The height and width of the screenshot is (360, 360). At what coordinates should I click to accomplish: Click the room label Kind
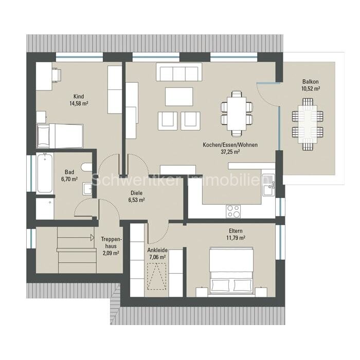79,97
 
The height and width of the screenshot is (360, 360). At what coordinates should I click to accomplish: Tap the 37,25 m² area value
230,152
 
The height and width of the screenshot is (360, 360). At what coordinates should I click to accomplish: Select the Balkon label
311,81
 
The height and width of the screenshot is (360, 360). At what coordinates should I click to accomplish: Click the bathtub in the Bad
45,173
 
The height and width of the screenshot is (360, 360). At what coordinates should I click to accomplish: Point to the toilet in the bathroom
87,167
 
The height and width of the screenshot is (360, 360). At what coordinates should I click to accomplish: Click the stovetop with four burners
233,211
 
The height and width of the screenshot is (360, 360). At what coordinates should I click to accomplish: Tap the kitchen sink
269,185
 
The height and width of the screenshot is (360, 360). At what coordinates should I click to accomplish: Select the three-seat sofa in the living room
179,72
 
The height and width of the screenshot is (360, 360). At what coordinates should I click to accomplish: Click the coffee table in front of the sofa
179,97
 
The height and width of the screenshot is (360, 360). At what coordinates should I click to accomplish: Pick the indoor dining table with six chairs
237,114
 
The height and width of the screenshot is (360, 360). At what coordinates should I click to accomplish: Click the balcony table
308,124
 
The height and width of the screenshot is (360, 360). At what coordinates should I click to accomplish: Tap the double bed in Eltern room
231,271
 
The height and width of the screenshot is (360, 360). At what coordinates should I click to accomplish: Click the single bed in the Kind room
60,136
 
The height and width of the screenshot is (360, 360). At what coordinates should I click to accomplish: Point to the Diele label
136,193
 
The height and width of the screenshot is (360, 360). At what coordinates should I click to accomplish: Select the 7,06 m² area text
157,257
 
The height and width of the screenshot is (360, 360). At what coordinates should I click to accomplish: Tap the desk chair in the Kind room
56,74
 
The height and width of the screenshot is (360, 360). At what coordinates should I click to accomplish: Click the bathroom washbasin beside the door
87,189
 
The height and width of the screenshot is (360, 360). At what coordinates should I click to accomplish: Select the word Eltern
236,231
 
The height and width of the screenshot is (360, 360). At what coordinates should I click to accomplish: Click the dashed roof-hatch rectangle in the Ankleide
157,276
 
